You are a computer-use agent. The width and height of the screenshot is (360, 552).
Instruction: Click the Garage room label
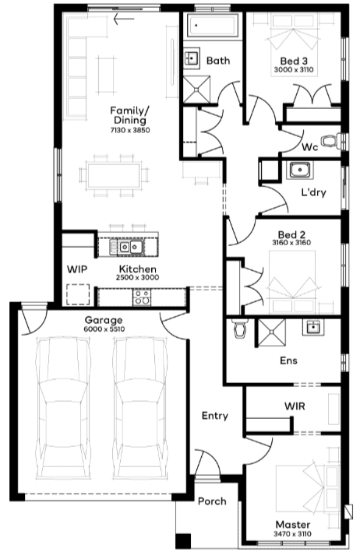click(104, 320)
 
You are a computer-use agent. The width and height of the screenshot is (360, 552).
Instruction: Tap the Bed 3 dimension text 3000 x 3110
click(294, 70)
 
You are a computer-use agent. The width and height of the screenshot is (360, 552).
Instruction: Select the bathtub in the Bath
click(212, 26)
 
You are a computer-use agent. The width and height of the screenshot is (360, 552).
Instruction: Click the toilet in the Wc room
click(331, 140)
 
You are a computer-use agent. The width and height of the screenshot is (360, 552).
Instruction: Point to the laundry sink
click(300, 170)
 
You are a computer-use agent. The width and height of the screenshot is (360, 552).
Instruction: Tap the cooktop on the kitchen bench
click(142, 297)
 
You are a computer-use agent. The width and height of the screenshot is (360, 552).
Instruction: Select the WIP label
click(77, 269)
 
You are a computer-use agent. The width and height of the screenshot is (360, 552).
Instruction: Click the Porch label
click(212, 501)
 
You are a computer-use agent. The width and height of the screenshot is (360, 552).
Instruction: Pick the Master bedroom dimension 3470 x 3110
click(293, 534)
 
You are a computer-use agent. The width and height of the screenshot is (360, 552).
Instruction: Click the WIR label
click(295, 406)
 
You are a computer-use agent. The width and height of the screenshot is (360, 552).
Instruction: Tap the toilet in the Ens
click(240, 329)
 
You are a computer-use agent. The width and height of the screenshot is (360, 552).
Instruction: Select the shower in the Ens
click(271, 332)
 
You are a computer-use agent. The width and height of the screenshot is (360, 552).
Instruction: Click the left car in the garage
click(62, 409)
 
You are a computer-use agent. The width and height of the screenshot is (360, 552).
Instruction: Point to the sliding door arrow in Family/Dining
click(124, 19)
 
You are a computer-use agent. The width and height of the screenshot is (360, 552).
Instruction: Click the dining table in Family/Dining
click(114, 175)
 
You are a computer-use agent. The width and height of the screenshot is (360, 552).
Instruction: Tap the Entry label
click(215, 416)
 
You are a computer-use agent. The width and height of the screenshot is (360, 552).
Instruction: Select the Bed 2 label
click(291, 234)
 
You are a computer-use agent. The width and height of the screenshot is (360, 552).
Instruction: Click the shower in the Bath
click(196, 90)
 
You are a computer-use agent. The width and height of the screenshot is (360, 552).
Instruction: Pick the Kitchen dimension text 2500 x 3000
click(137, 277)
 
